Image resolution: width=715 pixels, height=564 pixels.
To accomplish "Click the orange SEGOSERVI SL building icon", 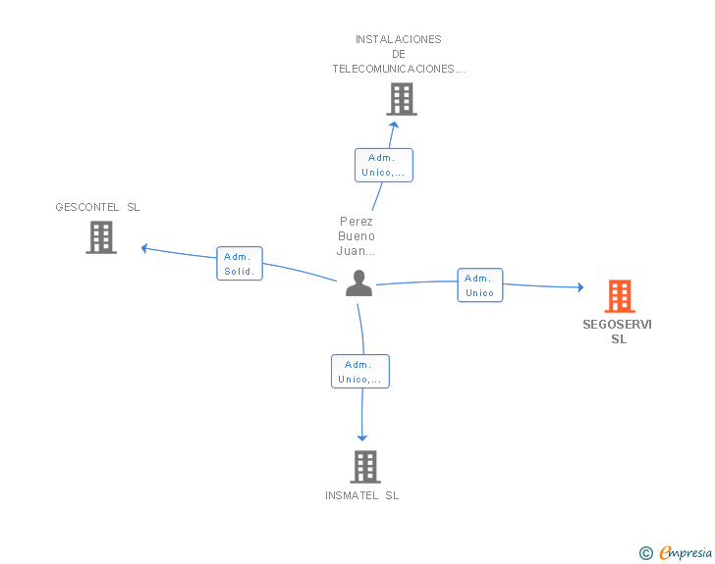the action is point(620,296).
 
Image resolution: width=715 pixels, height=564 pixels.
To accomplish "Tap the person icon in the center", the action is point(358,282).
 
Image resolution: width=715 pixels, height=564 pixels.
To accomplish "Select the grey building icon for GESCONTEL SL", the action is point(101,237).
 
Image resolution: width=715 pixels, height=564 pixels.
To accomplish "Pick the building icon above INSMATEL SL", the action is point(365,467).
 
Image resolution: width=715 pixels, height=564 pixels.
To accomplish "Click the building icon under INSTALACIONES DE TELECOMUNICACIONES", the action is point(402,99).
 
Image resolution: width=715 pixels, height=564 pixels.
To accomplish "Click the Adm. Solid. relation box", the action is point(240,263).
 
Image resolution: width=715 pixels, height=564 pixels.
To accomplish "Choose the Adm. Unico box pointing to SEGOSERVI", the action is point(479,285).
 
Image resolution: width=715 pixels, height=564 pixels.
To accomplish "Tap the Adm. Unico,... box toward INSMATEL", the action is point(360,372).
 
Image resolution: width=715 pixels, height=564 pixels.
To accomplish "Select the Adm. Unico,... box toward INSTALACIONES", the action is point(384,165).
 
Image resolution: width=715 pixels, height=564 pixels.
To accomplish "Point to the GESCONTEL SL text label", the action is point(97,207).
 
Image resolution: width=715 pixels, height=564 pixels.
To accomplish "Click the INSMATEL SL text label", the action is point(362,495).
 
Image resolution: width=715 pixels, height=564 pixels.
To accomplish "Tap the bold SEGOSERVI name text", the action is point(618,325).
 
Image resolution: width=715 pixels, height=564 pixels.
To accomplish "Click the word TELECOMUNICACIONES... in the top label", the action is point(399,69).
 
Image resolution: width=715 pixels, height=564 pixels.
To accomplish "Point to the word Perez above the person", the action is point(357,222).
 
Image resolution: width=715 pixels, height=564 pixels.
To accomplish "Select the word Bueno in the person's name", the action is point(357,236).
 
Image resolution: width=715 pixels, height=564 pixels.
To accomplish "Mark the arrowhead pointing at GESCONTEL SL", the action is point(144,248).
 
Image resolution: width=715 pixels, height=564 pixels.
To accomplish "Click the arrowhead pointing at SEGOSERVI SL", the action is point(581,287).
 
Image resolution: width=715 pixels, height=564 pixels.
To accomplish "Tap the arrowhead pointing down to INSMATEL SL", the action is point(362,438).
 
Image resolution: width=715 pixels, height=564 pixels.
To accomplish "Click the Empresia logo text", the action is point(686,552).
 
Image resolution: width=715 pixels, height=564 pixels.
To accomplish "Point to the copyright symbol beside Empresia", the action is point(646,553).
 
